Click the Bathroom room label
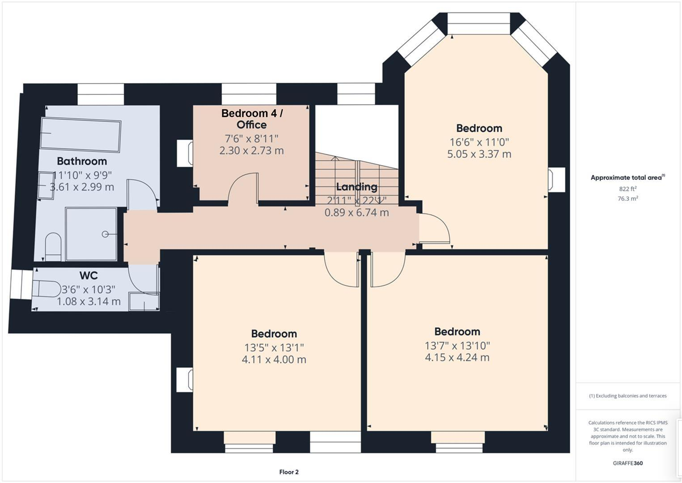point(82,161)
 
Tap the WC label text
point(89,275)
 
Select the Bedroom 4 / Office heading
point(252,119)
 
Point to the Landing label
point(356,186)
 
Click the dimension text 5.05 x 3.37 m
point(479,154)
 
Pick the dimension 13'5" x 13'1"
point(274,347)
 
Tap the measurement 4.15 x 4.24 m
point(457,358)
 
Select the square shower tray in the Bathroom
point(91,233)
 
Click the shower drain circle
point(105,234)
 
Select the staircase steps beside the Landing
point(356,174)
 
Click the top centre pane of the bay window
point(479,23)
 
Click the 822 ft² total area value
point(627,189)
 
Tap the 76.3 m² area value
point(627,199)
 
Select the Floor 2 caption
point(288,472)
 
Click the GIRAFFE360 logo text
point(627,463)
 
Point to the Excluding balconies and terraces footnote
point(627,396)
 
